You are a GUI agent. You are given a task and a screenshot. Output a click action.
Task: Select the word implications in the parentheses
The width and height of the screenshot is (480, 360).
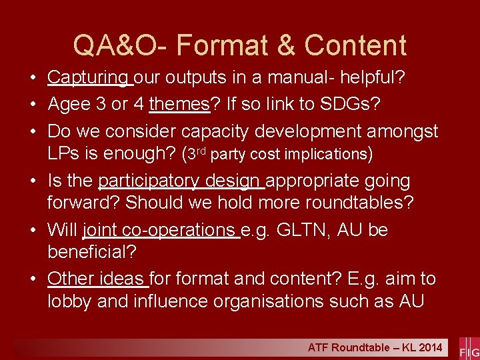[x=323, y=154]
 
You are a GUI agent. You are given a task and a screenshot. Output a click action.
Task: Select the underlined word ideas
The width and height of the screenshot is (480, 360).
[x=123, y=279]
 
